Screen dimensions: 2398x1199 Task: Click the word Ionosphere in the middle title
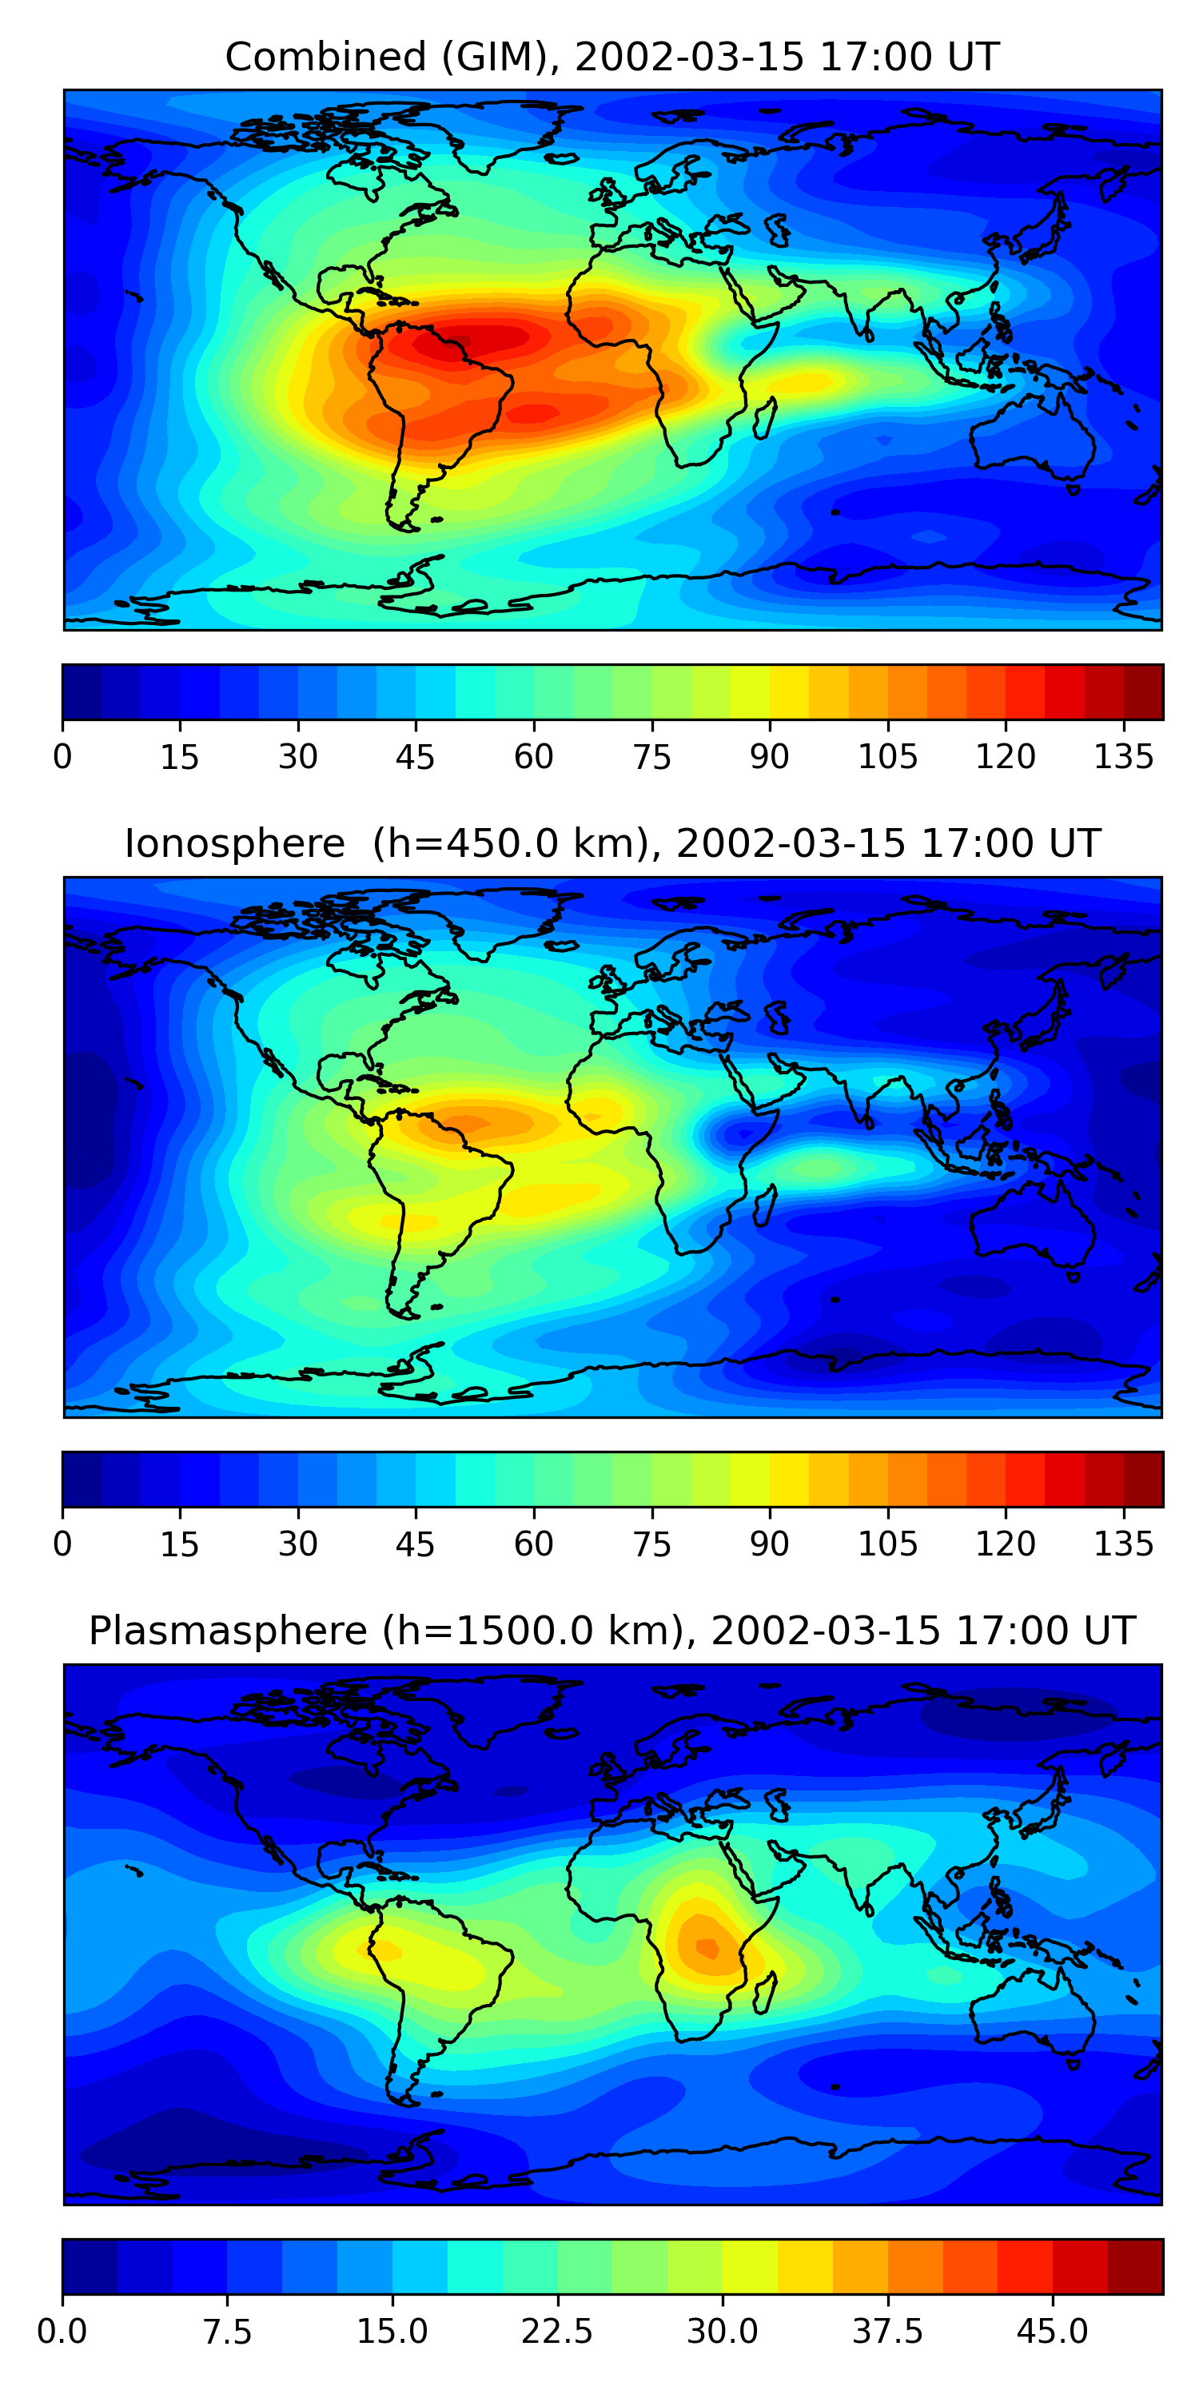tap(234, 844)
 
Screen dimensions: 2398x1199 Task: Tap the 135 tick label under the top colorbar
tap(1124, 758)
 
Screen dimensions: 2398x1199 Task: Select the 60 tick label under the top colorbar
tap(533, 758)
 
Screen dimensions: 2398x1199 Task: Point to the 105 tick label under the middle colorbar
tap(887, 1544)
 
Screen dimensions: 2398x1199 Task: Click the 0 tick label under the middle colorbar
tap(62, 1544)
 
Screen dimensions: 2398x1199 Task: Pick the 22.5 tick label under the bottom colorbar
tap(556, 2332)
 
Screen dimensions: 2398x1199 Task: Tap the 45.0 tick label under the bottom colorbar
tap(1052, 2332)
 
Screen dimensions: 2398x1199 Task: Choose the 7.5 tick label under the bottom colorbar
tap(227, 2332)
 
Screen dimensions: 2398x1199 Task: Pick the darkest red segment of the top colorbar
tap(1143, 692)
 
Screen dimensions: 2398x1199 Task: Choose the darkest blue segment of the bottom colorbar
tap(90, 2266)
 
